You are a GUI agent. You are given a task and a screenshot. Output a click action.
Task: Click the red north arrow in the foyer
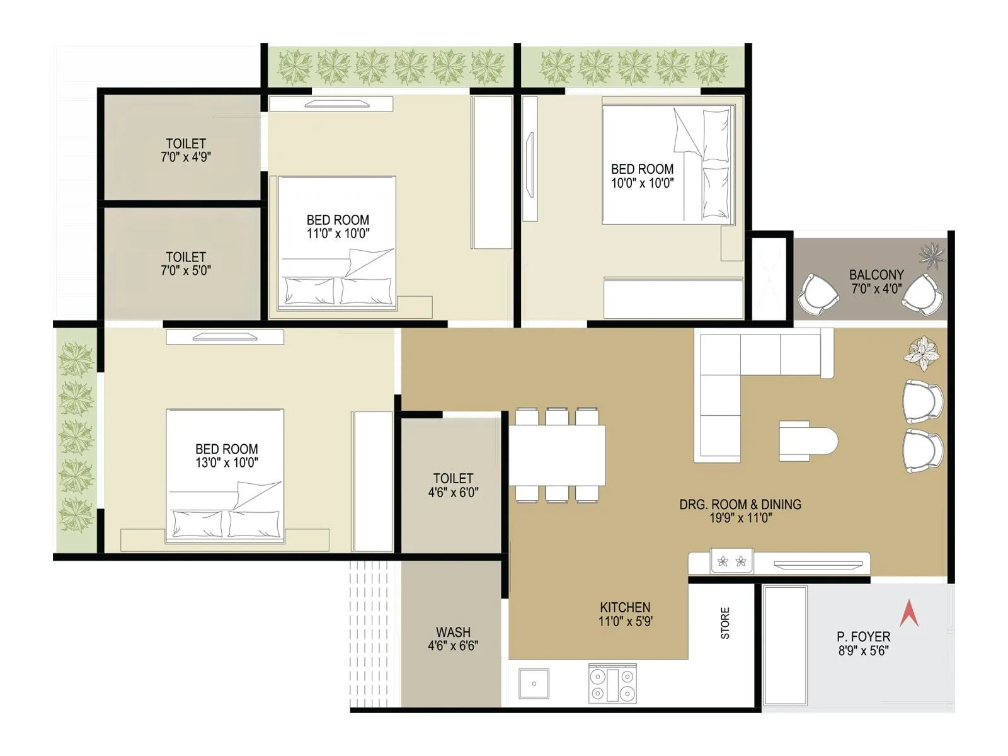pyautogui.click(x=908, y=614)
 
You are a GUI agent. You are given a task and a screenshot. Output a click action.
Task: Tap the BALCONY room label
pyautogui.click(x=876, y=275)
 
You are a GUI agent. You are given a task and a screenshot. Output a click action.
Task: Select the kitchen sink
pyautogui.click(x=534, y=684)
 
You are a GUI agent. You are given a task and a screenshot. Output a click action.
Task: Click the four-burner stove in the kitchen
pyautogui.click(x=612, y=684)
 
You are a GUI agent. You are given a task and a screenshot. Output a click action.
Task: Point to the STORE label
pyautogui.click(x=725, y=623)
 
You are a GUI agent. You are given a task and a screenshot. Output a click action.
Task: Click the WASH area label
pyautogui.click(x=453, y=632)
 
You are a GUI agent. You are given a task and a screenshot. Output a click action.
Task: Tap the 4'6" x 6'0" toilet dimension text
pyautogui.click(x=453, y=493)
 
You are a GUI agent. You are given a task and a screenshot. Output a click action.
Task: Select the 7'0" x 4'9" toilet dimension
pyautogui.click(x=185, y=157)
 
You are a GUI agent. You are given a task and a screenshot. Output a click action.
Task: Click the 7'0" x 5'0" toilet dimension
pyautogui.click(x=185, y=271)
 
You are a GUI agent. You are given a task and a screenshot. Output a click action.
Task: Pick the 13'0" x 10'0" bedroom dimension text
pyautogui.click(x=226, y=463)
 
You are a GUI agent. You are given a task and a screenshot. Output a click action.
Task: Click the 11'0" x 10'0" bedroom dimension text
pyautogui.click(x=338, y=234)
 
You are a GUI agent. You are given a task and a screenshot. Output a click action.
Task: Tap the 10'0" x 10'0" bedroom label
pyautogui.click(x=642, y=176)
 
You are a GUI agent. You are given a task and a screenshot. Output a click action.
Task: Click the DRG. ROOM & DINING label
pyautogui.click(x=740, y=504)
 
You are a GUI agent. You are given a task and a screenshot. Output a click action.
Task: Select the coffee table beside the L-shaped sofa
pyautogui.click(x=808, y=441)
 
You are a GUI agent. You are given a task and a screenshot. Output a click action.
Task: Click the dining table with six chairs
pyautogui.click(x=557, y=455)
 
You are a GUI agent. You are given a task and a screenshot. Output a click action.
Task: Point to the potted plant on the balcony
pyautogui.click(x=932, y=256)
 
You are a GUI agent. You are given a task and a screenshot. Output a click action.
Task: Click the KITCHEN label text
pyautogui.click(x=625, y=607)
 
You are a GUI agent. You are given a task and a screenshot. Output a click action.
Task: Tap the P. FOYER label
pyautogui.click(x=863, y=637)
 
